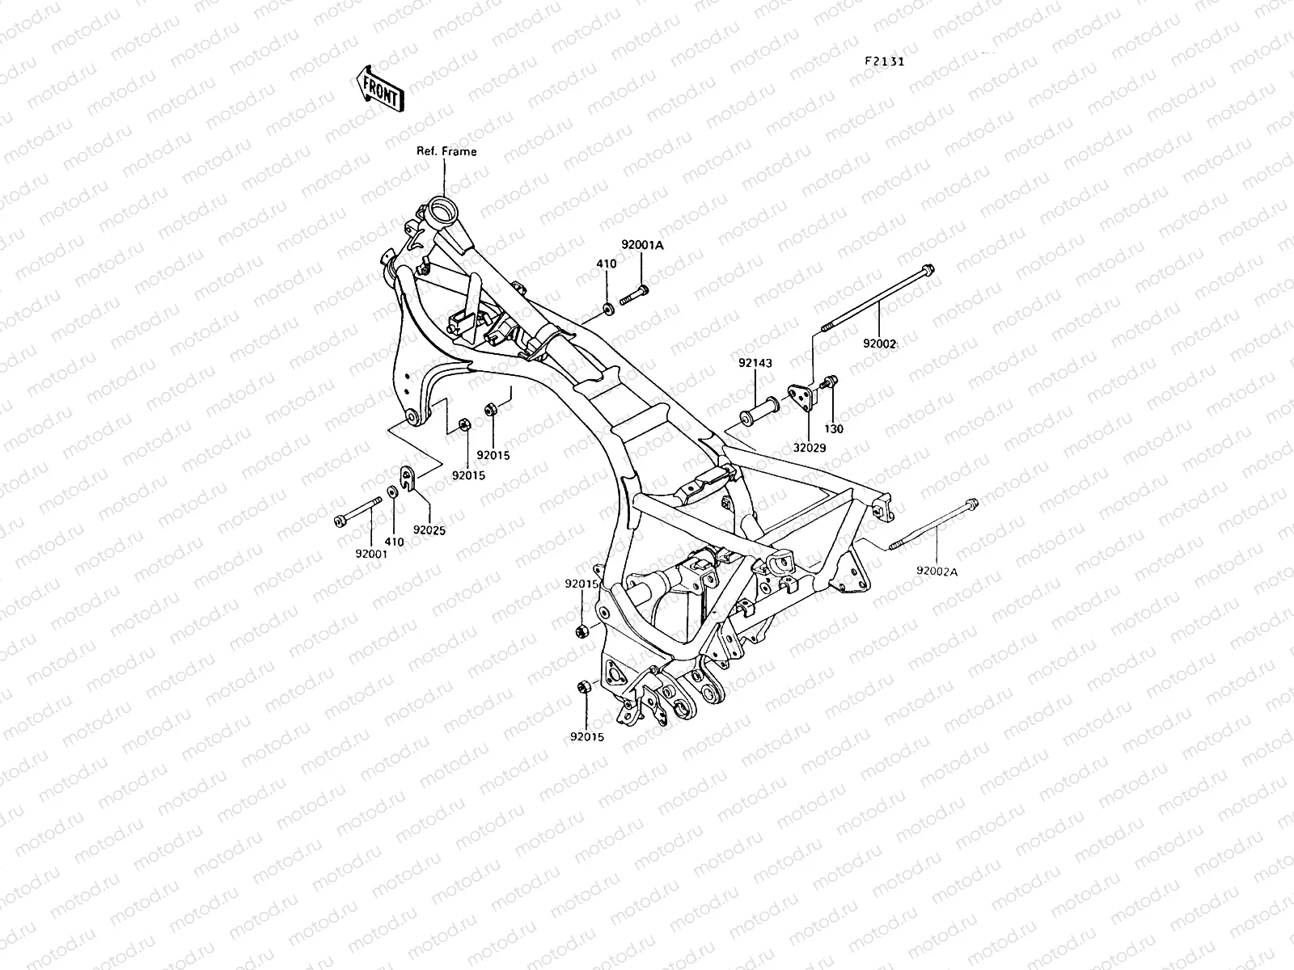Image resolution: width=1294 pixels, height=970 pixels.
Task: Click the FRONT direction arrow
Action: point(378,88)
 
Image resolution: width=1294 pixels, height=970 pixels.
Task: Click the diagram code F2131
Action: point(884,61)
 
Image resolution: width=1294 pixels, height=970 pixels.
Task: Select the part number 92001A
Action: point(642,245)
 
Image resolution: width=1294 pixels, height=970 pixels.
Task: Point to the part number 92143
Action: point(755,364)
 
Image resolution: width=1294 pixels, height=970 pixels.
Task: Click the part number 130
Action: point(833,429)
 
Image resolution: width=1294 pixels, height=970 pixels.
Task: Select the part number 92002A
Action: point(937,571)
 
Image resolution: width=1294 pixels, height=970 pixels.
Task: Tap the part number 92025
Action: point(429,530)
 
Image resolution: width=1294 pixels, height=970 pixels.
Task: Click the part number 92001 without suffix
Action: point(370,555)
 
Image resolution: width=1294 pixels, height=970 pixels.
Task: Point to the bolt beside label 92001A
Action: point(634,295)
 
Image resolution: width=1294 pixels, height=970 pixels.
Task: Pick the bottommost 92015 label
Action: point(586,736)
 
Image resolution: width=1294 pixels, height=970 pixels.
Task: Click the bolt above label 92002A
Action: point(934,525)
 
